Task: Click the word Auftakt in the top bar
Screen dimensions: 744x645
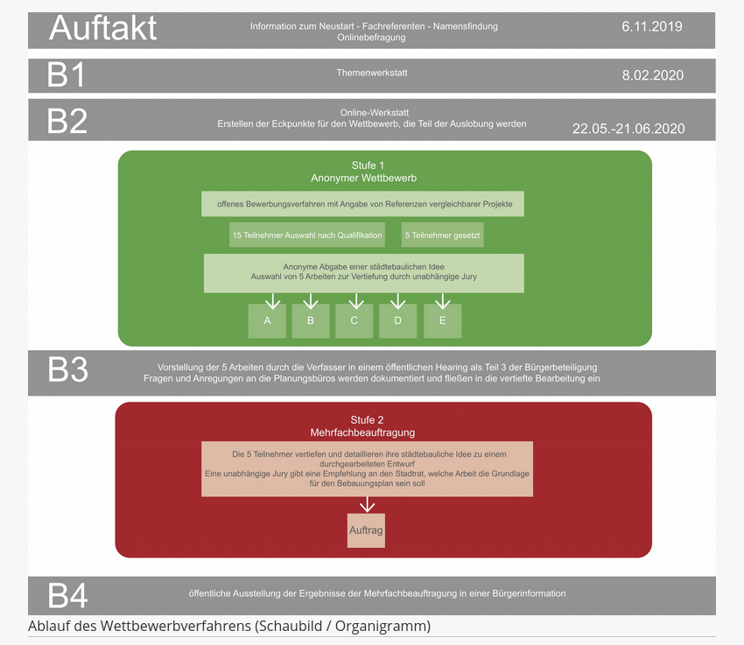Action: pyautogui.click(x=102, y=28)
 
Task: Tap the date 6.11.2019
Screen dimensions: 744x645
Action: pyautogui.click(x=652, y=26)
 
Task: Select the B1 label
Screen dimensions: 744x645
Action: pyautogui.click(x=66, y=75)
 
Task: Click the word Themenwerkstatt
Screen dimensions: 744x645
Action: pyautogui.click(x=372, y=73)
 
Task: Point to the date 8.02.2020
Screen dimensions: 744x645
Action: pyautogui.click(x=653, y=75)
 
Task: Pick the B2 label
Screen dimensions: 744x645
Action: pyautogui.click(x=67, y=121)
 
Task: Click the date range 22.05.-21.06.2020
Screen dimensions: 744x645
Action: pyautogui.click(x=628, y=129)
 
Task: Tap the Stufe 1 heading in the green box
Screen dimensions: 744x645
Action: pyautogui.click(x=368, y=165)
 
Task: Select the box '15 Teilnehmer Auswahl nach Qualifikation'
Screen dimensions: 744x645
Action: pyautogui.click(x=307, y=235)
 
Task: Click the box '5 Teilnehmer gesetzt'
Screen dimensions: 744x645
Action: pyautogui.click(x=442, y=235)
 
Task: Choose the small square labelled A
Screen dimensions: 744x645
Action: pyautogui.click(x=267, y=321)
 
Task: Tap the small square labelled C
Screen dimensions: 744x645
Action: pyautogui.click(x=354, y=321)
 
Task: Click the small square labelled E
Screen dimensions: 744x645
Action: pyautogui.click(x=443, y=321)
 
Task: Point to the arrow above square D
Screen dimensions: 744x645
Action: pyautogui.click(x=398, y=301)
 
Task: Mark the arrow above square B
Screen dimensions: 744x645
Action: pyautogui.click(x=311, y=301)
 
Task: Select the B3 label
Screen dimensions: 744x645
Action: pyautogui.click(x=68, y=370)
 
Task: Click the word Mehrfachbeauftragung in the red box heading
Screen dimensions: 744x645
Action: pyautogui.click(x=362, y=432)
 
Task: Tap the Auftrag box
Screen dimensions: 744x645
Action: pyautogui.click(x=366, y=530)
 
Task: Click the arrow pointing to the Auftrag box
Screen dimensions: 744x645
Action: pyautogui.click(x=367, y=505)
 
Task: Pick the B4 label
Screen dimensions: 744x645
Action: pyautogui.click(x=68, y=596)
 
